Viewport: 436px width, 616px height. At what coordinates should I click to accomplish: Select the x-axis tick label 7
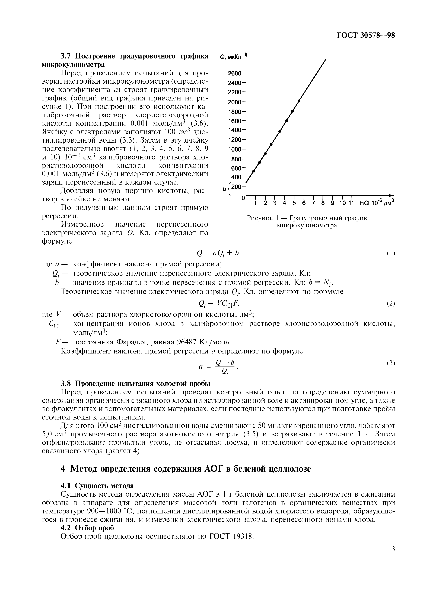point(313,203)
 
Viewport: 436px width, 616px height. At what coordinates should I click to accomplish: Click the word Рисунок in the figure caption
point(260,218)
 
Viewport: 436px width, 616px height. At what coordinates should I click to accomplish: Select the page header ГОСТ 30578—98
point(366,36)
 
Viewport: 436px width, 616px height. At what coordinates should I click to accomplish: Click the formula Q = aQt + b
point(218,253)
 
